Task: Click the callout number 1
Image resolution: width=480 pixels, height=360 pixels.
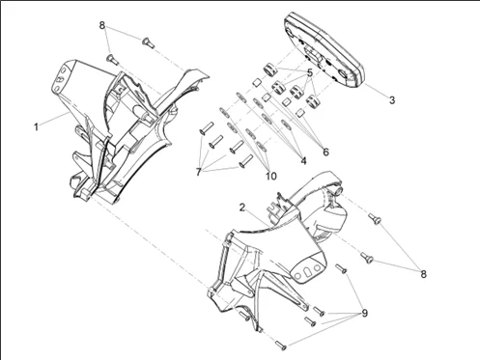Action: (x=36, y=127)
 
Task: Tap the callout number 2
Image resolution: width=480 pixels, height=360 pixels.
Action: (x=242, y=208)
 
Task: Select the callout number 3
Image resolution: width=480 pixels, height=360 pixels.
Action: (x=392, y=100)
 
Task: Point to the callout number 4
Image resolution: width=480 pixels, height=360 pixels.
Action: (x=303, y=160)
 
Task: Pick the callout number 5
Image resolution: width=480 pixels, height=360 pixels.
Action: (x=310, y=73)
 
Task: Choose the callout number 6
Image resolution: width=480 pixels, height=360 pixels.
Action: (x=325, y=152)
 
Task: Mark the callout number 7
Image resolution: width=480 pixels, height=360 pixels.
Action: (x=198, y=172)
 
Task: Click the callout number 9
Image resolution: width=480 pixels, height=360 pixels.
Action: (x=364, y=313)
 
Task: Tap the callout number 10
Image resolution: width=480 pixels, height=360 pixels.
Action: (x=271, y=176)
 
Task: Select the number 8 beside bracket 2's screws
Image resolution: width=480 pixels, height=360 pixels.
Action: (x=423, y=274)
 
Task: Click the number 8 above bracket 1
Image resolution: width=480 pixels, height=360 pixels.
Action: (x=102, y=25)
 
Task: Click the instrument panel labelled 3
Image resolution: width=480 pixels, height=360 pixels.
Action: (x=325, y=49)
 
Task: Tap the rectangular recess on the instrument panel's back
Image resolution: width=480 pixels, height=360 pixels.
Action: (x=313, y=55)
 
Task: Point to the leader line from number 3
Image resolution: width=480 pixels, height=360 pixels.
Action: (x=376, y=92)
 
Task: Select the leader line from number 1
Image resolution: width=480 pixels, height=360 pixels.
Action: (x=53, y=119)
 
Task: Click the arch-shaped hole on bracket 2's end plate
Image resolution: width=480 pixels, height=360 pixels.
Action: (x=307, y=271)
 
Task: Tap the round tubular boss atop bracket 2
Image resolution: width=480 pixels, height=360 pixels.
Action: (x=338, y=190)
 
